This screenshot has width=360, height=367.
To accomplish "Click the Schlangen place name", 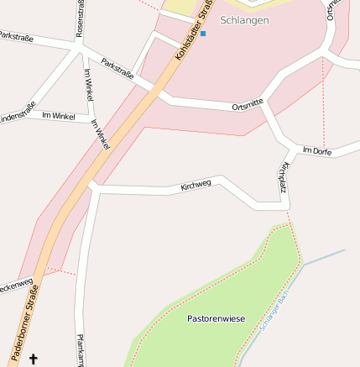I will (x=244, y=19).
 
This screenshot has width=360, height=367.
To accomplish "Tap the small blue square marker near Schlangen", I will (x=202, y=33).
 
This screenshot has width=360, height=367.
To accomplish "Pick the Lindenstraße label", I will (x=17, y=111).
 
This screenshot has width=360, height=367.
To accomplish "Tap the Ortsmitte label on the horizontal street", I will (x=248, y=104).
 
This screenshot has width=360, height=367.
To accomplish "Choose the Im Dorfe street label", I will (x=316, y=150).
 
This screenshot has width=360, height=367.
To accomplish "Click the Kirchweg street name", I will (x=196, y=184).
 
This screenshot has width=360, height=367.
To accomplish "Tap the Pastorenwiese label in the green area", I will (x=216, y=319).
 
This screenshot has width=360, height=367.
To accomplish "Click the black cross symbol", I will (x=34, y=359).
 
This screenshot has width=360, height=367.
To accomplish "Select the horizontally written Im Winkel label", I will (x=58, y=114).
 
